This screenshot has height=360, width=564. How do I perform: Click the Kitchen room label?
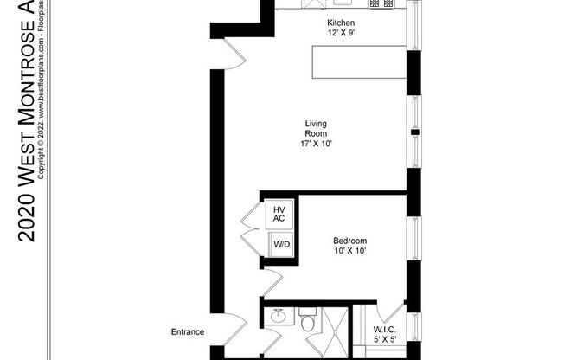[x=340, y=22]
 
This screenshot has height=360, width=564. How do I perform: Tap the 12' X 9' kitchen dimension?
[x=340, y=33]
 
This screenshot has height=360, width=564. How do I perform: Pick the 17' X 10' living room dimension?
[x=314, y=144]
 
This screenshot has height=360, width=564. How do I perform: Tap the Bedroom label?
[x=350, y=241]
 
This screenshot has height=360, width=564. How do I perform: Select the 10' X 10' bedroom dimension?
[x=350, y=251]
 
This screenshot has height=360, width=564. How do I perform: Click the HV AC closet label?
[x=279, y=214]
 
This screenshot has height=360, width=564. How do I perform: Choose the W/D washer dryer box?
[x=282, y=245]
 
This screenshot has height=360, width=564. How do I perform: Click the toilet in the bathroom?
[x=307, y=325]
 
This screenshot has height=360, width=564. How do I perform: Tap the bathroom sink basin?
[x=279, y=318]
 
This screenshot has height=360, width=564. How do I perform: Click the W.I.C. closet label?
[x=383, y=329]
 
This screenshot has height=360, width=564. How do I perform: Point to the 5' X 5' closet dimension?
[x=383, y=339]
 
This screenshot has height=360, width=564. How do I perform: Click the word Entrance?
[x=187, y=331]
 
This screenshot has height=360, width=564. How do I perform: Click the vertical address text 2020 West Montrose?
[x=27, y=130]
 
